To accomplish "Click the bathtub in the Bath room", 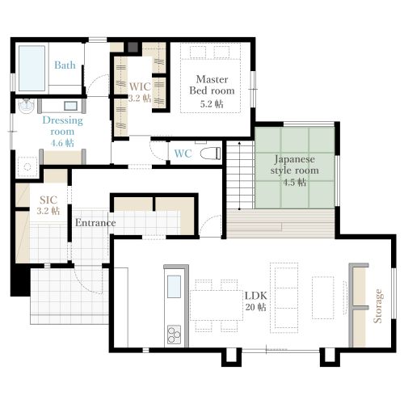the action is tap(32, 69).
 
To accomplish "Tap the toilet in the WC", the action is tap(210, 154).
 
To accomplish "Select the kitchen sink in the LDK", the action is tap(174, 286).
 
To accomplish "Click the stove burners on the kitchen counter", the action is tap(174, 335).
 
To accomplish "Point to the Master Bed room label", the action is tap(212, 85).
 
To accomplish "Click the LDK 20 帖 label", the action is tap(255, 301).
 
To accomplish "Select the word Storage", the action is tap(377, 306).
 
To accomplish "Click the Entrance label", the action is tap(95, 223).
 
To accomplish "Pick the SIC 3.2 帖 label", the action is tap(48, 205).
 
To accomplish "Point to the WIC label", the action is tap(140, 86).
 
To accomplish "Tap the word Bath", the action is tap(65, 65).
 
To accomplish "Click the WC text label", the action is tap(183, 154).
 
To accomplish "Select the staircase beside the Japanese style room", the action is tap(240, 175).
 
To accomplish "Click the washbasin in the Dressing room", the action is tap(27, 106).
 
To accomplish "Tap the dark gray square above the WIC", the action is tap(133, 47).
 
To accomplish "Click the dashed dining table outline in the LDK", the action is tap(217, 305).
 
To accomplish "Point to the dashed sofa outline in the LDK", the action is tap(284, 297).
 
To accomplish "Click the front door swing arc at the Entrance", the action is tap(86, 286).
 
